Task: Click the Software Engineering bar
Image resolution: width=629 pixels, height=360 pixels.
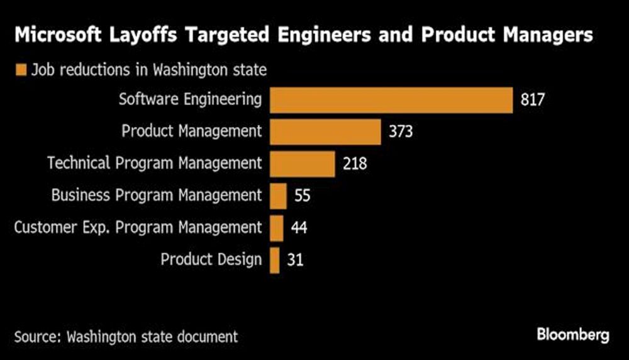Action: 391,100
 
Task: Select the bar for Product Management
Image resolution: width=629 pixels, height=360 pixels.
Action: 325,132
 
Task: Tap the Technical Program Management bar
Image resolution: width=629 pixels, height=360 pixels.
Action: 302,164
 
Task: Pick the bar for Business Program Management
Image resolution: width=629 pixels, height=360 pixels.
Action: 278,196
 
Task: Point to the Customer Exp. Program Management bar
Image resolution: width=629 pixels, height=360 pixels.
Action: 276,228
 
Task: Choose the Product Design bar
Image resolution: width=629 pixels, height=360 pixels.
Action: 274,260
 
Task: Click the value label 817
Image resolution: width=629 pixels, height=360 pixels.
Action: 532,100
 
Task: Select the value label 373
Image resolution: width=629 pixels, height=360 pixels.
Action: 399,132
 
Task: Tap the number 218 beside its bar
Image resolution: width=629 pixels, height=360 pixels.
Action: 355,164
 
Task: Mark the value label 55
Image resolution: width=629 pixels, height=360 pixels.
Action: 302,196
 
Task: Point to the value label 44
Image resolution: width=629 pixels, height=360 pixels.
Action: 299,228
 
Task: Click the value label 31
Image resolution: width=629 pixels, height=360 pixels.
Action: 295,260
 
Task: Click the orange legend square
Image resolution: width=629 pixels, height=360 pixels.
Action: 21,70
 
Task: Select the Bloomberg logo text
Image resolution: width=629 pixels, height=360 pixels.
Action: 573,335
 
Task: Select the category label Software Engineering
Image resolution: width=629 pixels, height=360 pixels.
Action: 190,99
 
